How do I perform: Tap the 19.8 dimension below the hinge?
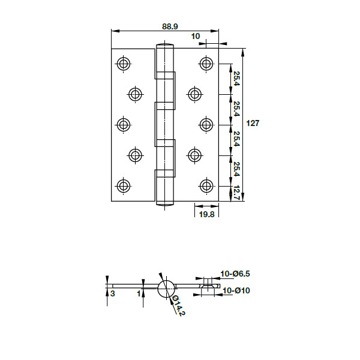coord(206,214)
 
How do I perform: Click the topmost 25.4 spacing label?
coord(236,79)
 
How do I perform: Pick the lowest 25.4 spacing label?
coord(236,170)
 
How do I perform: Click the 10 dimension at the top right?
coord(196,37)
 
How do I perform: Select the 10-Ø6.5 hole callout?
coord(235,274)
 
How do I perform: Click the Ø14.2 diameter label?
coord(178,306)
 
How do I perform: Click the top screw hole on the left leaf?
coord(124,64)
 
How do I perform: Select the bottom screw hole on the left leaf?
coord(124,185)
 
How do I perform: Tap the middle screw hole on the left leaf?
coord(124,124)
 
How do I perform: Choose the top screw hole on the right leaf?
coord(207,64)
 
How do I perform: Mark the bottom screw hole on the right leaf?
coord(207,185)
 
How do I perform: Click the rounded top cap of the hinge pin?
coord(165,45)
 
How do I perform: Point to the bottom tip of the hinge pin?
coord(165,204)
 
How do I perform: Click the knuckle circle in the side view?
coord(166,289)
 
